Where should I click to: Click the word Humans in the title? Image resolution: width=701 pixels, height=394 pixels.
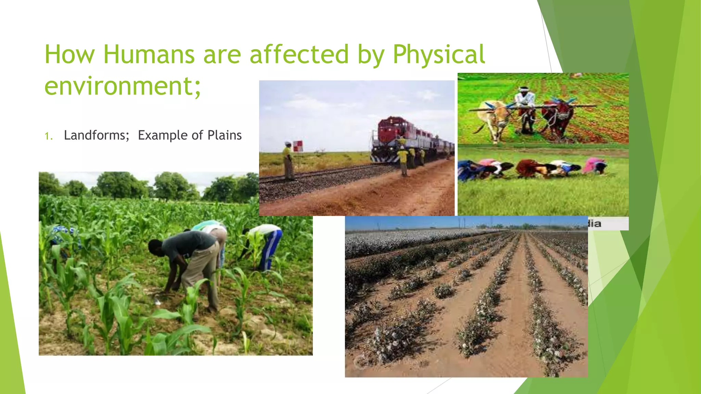click(x=149, y=54)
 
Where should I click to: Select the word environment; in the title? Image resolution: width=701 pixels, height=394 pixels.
click(x=123, y=86)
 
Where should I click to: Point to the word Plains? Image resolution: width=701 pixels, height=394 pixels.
click(x=225, y=135)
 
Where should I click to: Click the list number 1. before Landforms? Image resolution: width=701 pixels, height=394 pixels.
click(x=49, y=136)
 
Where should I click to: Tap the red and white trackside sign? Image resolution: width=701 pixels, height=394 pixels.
click(x=298, y=146)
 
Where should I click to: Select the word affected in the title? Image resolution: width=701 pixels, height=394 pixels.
click(x=299, y=54)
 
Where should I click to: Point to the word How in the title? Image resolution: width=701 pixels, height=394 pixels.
click(x=69, y=54)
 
